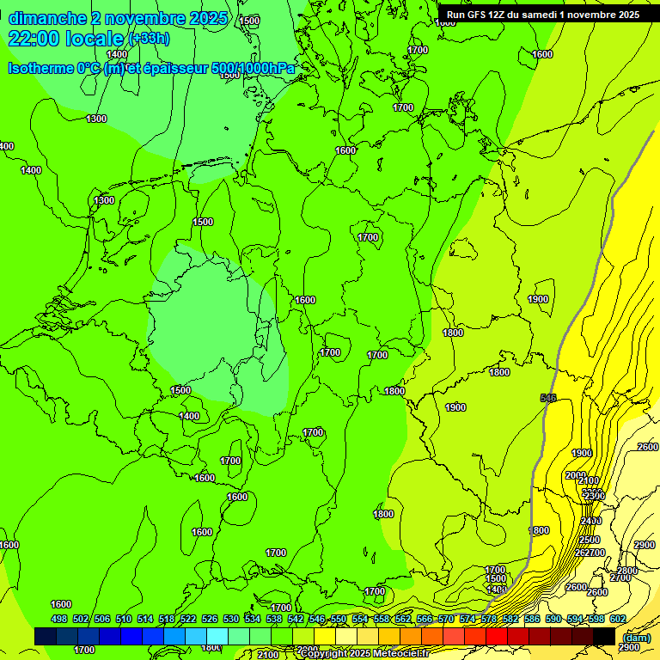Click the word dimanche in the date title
[x=47, y=18]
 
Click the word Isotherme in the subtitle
[x=40, y=69]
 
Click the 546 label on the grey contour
[x=548, y=398]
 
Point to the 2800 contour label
[x=627, y=571]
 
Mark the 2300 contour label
[x=593, y=496]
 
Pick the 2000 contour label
[x=575, y=475]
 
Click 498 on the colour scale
[x=58, y=619]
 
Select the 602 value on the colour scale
[x=618, y=619]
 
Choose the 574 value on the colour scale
[x=467, y=619]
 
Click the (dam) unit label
[x=637, y=637]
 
